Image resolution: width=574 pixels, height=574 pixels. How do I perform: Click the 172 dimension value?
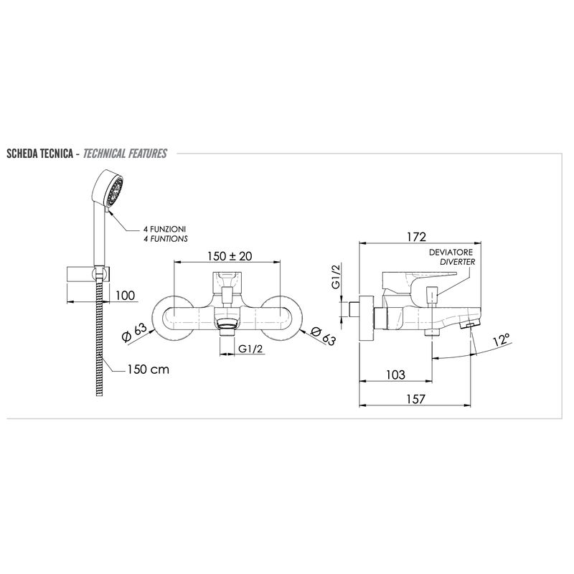416,237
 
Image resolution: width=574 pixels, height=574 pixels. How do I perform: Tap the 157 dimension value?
415,399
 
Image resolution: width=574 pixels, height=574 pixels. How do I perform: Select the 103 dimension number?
395,375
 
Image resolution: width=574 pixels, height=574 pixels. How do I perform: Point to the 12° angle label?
501,340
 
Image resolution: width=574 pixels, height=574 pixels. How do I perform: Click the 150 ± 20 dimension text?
230,256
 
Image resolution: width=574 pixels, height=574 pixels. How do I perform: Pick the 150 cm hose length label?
149,369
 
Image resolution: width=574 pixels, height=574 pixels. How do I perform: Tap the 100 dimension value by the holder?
125,295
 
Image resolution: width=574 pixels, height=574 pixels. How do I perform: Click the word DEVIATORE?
451,253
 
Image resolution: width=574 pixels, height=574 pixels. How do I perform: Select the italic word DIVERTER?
457,262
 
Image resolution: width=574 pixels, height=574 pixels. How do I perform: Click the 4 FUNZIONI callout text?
164,229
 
